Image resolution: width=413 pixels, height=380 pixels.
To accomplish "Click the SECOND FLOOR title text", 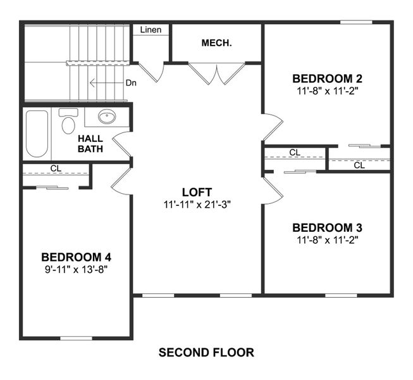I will pyautogui.click(x=206, y=352).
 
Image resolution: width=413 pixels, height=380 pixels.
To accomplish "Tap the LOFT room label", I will pyautogui.click(x=196, y=192).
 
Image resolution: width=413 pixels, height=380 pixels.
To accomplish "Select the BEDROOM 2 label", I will pyautogui.click(x=327, y=79).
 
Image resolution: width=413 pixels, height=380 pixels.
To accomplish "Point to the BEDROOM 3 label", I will pyautogui.click(x=327, y=227).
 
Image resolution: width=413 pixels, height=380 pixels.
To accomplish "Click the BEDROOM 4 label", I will pyautogui.click(x=76, y=257).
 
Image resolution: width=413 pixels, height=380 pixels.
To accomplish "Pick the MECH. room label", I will pyautogui.click(x=216, y=43).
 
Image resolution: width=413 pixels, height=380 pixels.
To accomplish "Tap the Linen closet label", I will pyautogui.click(x=151, y=30).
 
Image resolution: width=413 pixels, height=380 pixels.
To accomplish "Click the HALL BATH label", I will pyautogui.click(x=90, y=143).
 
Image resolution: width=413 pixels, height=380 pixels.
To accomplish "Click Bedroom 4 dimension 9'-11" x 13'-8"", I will pyautogui.click(x=76, y=269).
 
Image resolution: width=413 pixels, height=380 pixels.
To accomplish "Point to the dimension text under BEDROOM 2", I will pyautogui.click(x=327, y=91).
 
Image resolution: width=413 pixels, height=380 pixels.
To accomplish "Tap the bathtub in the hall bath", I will pyautogui.click(x=37, y=134).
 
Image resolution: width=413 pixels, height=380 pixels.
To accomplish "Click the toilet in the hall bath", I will pyautogui.click(x=68, y=122).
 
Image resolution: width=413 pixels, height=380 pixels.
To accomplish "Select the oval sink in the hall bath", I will pyautogui.click(x=106, y=117).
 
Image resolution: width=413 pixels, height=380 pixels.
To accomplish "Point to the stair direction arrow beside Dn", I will pyautogui.click(x=97, y=83).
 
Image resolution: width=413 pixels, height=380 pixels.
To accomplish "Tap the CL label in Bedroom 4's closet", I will pyautogui.click(x=56, y=168).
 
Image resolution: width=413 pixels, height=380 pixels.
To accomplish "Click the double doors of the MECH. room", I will pyautogui.click(x=216, y=73).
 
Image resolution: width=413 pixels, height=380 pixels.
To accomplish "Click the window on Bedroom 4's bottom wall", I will pyautogui.click(x=76, y=338).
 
